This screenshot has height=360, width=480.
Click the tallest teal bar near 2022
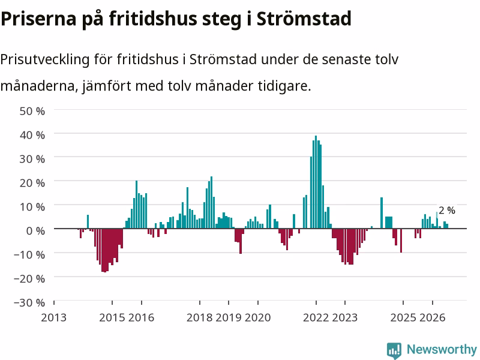pyautogui.click(x=316, y=182)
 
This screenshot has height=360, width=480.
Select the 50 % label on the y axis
pyautogui.click(x=32, y=111)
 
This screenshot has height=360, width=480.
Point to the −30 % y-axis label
pyautogui.click(x=29, y=303)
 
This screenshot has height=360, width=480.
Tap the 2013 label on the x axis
pyautogui.click(x=53, y=317)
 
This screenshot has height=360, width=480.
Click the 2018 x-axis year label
pyautogui.click(x=199, y=317)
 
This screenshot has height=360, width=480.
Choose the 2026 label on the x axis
pyautogui.click(x=432, y=317)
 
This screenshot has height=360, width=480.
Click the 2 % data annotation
pyautogui.click(x=447, y=211)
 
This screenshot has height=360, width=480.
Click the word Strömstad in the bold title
pyautogui.click(x=304, y=19)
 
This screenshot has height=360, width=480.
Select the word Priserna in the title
pyautogui.click(x=38, y=19)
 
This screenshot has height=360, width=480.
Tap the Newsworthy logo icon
pyautogui.click(x=394, y=350)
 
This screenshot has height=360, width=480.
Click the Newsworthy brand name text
pyautogui.click(x=442, y=349)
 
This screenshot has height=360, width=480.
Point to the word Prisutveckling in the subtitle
pyautogui.click(x=44, y=59)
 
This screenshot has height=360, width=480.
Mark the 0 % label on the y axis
pyautogui.click(x=35, y=231)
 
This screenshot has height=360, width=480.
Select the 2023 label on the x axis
pyautogui.click(x=344, y=317)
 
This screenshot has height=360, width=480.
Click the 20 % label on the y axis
pyautogui.click(x=32, y=183)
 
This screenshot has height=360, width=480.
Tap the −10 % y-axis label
pyautogui.click(x=29, y=254)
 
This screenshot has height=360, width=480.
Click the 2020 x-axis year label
pyautogui.click(x=258, y=317)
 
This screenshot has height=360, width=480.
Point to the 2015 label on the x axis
pyautogui.click(x=112, y=317)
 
